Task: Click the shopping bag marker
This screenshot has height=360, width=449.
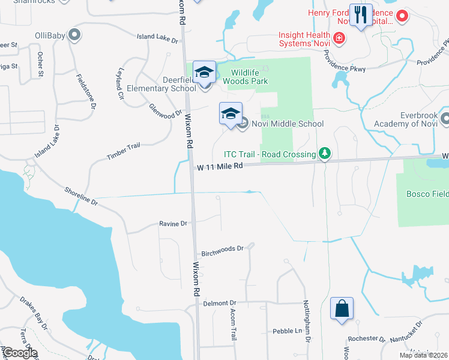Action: [342, 308]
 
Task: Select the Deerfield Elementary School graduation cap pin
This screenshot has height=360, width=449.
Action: [204, 73]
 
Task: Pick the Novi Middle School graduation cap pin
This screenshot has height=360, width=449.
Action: [231, 113]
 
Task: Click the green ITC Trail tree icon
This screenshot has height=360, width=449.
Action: [325, 154]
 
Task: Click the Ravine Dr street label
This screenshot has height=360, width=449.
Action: [173, 224]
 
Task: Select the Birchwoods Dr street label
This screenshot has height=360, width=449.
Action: [222, 248]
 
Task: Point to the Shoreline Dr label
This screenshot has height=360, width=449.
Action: [81, 196]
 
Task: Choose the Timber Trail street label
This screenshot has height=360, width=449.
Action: [123, 150]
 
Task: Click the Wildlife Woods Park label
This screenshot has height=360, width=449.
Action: [245, 77]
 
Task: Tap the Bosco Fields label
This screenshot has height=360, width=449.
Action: [427, 194]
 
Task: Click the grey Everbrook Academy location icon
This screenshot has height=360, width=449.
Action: [444, 119]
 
